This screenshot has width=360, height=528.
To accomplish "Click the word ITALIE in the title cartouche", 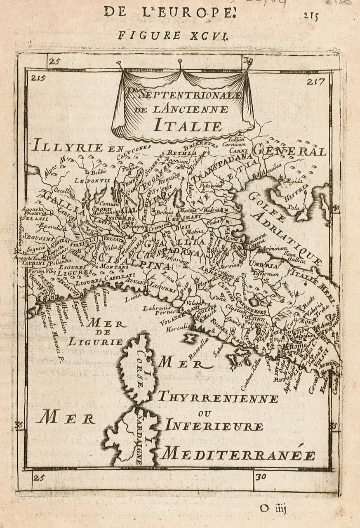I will (x=188, y=125).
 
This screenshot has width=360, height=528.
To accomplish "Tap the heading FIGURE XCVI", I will (x=172, y=35).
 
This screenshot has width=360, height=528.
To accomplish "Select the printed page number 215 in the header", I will (x=311, y=16).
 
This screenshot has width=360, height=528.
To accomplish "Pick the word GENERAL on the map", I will (x=289, y=151).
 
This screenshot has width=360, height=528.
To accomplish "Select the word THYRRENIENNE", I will (x=218, y=398).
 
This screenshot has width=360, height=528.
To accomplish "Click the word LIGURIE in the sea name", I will (x=95, y=342).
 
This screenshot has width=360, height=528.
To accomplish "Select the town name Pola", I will (x=293, y=207).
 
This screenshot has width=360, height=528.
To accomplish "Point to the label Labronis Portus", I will (x=156, y=311).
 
